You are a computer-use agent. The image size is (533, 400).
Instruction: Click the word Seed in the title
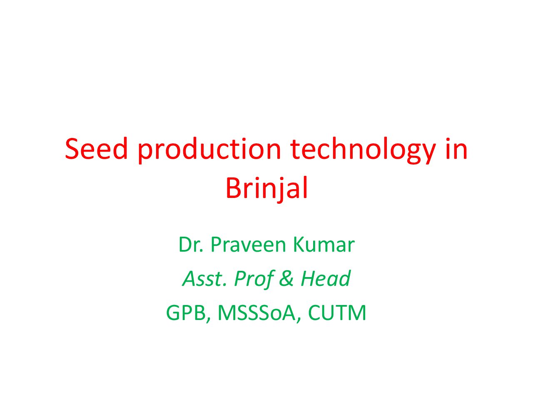[x=96, y=149]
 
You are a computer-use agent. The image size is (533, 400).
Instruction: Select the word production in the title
[x=209, y=150]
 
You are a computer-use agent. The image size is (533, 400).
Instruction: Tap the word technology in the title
[x=363, y=150]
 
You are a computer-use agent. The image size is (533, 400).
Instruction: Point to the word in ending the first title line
[x=457, y=148]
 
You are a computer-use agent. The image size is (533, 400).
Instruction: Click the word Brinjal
[x=266, y=189]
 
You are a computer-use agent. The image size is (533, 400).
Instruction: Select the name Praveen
[x=248, y=244]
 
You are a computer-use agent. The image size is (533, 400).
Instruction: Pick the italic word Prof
[x=254, y=278]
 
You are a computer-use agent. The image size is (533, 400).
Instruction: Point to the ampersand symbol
[x=286, y=278]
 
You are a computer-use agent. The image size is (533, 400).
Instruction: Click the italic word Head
[x=325, y=278]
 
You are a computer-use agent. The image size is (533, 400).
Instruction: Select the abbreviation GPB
[x=186, y=313]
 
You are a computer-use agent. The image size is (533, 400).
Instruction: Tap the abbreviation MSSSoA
[x=257, y=313]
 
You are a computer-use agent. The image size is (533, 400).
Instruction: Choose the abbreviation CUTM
[x=337, y=313]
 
